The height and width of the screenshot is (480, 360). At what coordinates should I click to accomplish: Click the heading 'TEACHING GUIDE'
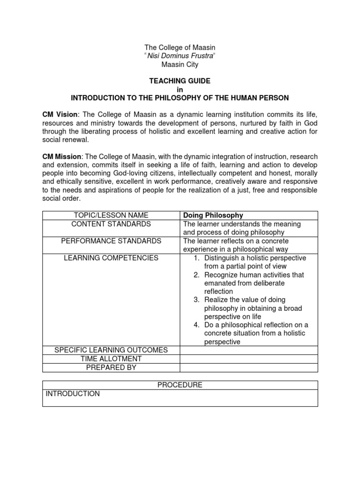click(180, 81)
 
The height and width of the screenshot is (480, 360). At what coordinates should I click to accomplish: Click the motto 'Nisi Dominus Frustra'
click(180, 56)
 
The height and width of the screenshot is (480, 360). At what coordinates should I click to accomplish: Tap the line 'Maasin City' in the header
click(180, 65)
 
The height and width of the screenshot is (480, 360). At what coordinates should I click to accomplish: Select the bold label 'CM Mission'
click(61, 157)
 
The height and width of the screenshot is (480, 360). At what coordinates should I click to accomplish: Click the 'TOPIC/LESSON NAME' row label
click(111, 216)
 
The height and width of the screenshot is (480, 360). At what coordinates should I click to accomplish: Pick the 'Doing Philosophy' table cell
click(213, 216)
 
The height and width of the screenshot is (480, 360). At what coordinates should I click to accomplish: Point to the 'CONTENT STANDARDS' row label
click(111, 224)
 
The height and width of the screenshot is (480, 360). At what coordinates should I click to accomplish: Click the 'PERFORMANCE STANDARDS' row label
click(111, 241)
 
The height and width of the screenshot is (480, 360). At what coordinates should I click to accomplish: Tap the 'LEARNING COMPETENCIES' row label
click(111, 258)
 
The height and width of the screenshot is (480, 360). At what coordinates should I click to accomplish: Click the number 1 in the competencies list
click(197, 258)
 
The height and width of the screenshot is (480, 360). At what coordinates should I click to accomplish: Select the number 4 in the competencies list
click(197, 325)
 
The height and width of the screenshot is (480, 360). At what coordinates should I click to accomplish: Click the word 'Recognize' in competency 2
click(221, 275)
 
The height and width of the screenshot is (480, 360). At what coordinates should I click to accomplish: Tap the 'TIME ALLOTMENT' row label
click(111, 359)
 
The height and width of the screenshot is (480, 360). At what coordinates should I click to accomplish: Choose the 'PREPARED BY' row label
click(111, 367)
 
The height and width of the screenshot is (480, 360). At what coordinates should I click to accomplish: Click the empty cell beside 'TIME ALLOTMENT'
click(249, 359)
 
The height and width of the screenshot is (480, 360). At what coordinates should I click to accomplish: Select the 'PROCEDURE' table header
click(180, 385)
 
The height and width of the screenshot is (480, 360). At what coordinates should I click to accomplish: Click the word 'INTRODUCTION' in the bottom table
click(73, 394)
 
